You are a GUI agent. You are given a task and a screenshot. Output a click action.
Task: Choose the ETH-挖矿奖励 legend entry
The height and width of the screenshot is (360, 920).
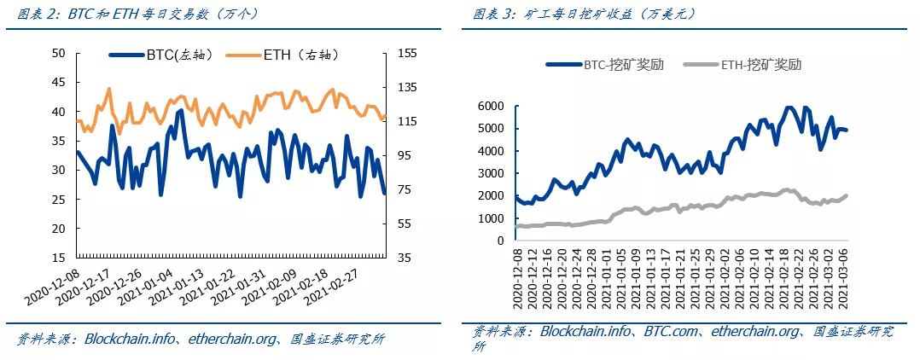click(750, 64)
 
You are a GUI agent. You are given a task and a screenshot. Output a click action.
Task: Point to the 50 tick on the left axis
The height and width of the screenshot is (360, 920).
click(59, 53)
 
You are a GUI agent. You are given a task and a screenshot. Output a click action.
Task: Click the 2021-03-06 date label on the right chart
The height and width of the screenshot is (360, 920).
click(844, 279)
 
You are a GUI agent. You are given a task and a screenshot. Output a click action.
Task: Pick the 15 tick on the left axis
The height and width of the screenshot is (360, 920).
click(59, 258)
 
